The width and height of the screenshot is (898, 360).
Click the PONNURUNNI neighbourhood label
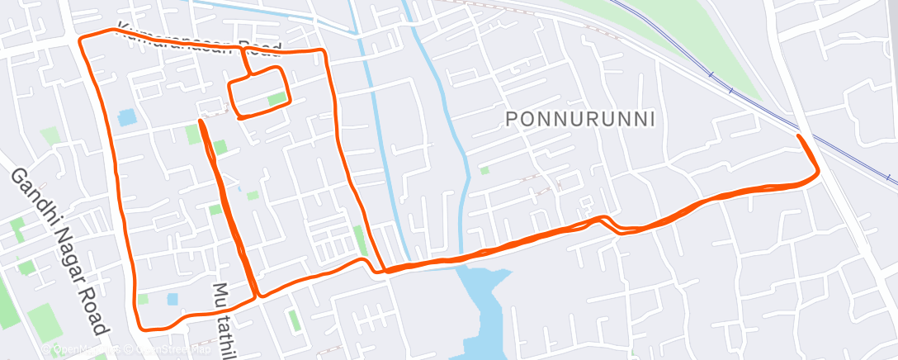tap(581, 119)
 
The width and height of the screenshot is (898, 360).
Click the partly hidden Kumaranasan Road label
tap(198, 38)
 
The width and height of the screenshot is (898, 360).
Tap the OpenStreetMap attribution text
tap(124, 350)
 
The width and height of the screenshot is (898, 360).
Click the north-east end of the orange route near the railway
tap(798, 135)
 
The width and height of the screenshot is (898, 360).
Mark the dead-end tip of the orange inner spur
tap(201, 122)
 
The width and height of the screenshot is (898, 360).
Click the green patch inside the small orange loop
tap(276, 100)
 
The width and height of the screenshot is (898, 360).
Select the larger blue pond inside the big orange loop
tap(127, 117)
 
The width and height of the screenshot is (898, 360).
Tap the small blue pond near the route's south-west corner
tap(172, 298)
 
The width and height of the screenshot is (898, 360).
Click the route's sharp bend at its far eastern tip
tap(817, 173)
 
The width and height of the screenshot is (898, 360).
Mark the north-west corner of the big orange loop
tap(80, 39)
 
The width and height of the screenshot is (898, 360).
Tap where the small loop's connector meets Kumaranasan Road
tap(243, 50)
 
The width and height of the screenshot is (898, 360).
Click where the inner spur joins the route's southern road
tap(256, 296)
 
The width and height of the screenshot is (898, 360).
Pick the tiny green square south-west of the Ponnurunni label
tap(484, 171)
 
